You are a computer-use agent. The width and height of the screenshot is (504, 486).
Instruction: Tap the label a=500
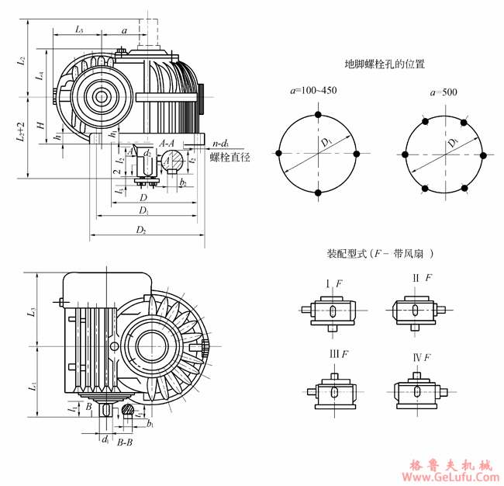pyautogui.click(x=444, y=92)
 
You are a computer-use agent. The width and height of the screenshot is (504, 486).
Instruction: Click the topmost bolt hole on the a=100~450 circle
pyautogui.click(x=318, y=115)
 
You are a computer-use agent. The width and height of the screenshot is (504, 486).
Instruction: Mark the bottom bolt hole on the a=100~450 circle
pyautogui.click(x=318, y=192)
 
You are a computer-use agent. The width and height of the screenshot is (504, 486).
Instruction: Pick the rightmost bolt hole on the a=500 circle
pyautogui.click(x=482, y=155)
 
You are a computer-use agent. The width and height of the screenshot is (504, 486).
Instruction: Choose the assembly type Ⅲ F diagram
pyautogui.click(x=331, y=392)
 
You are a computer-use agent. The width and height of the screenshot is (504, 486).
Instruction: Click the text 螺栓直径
pyautogui.click(x=230, y=157)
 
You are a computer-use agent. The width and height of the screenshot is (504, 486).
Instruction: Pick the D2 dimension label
pyautogui.click(x=141, y=230)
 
